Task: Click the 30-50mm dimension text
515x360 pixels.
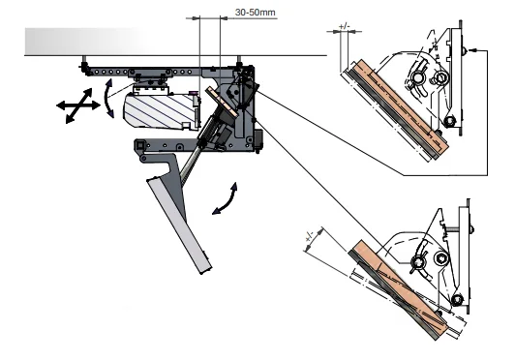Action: click(x=256, y=13)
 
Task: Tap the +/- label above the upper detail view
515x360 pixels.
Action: click(x=344, y=26)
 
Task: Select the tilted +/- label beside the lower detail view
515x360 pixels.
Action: click(x=310, y=237)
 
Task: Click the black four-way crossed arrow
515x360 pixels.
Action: click(x=78, y=105)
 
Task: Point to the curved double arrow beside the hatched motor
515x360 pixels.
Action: click(x=106, y=98)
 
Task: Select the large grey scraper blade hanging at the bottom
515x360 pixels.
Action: click(x=179, y=225)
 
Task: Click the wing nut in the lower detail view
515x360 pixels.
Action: click(x=419, y=262)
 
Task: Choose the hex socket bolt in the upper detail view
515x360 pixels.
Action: click(x=439, y=78)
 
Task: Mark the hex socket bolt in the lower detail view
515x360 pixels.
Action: click(x=440, y=257)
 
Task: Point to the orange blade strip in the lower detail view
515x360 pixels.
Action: click(x=400, y=288)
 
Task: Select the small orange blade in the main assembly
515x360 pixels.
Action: click(x=223, y=102)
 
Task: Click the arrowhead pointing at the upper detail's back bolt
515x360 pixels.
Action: click(x=472, y=50)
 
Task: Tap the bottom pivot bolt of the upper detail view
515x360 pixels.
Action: click(x=449, y=122)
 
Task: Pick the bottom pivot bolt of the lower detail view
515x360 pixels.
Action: click(x=457, y=300)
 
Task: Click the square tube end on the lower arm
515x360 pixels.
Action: click(x=140, y=144)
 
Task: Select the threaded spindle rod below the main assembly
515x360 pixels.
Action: click(x=189, y=165)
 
